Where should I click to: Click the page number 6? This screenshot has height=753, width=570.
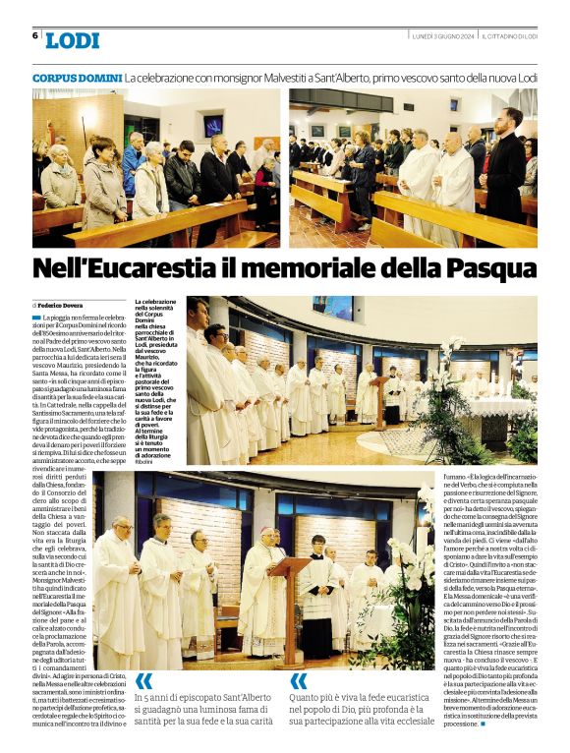click(35, 35)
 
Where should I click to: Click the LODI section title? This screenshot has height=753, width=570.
click(72, 40)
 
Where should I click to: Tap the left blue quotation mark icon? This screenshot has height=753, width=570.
click(144, 681)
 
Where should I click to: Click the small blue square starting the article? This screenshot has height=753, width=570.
click(36, 318)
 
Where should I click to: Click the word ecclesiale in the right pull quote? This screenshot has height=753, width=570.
click(413, 722)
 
